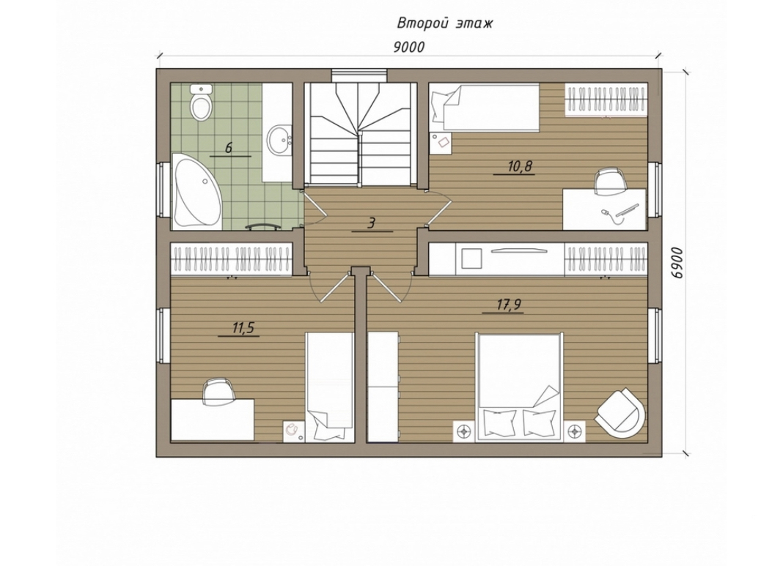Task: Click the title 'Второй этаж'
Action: pos(444,23)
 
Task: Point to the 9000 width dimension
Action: pos(408,47)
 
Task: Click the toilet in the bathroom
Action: pos(201,103)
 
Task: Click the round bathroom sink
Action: pos(279,140)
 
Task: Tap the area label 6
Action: pos(229,148)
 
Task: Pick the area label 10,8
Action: pos(519,166)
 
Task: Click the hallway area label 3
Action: pos(371,223)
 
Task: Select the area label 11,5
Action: pos(243,328)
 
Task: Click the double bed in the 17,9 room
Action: pos(518,387)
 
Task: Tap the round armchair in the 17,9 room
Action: pos(620,413)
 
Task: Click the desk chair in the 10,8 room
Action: pos(610,179)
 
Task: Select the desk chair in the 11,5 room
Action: pos(218,390)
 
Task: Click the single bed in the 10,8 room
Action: pos(485,108)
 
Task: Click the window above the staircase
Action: pos(359,74)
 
